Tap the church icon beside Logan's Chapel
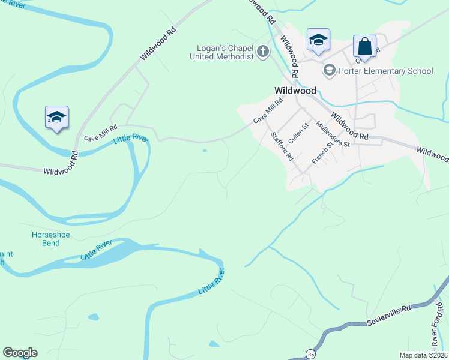pyautogui.click(x=263, y=52)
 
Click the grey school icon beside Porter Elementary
pyautogui.click(x=329, y=71)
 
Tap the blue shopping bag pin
pyautogui.click(x=364, y=46)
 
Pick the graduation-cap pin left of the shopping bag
pyautogui.click(x=318, y=40)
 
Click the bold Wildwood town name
pyautogui.click(x=295, y=91)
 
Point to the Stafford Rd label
pyautogui.click(x=282, y=146)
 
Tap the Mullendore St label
pyautogui.click(x=333, y=135)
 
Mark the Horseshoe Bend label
pyautogui.click(x=46, y=238)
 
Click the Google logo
pyautogui.click(x=20, y=353)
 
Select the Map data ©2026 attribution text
pyautogui.click(x=423, y=355)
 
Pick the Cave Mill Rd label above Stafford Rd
pyautogui.click(x=268, y=112)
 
